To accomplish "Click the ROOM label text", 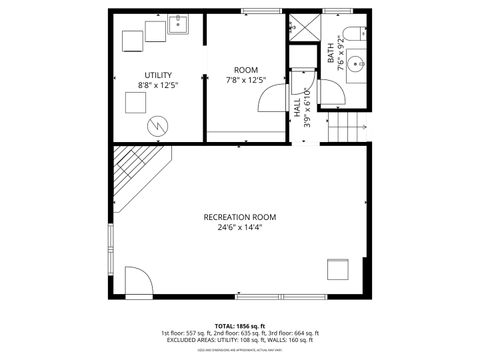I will point(246,69).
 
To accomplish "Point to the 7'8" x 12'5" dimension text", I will point(246,80).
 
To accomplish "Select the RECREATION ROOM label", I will point(240,217).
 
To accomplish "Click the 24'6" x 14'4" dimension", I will point(240,228).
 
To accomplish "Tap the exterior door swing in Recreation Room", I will point(138,282).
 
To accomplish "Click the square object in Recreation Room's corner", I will point(339,269).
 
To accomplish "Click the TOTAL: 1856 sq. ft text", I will point(240,326).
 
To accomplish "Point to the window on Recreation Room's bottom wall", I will point(258,297).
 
